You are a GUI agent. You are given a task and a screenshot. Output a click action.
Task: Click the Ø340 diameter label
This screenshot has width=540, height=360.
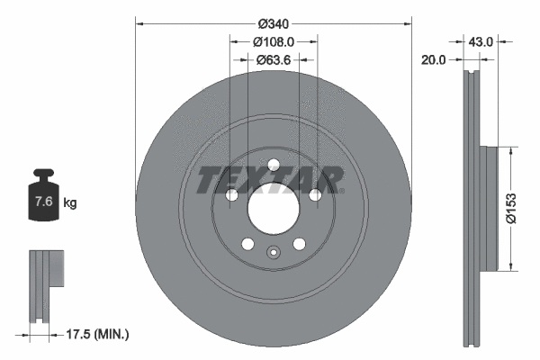(x=273, y=23)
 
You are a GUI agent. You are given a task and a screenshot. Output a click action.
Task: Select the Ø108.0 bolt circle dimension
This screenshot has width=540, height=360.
(x=273, y=42)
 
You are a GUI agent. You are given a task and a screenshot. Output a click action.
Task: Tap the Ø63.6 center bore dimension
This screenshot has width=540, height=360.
(x=273, y=60)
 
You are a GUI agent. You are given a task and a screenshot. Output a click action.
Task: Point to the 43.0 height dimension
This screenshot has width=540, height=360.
(x=482, y=41)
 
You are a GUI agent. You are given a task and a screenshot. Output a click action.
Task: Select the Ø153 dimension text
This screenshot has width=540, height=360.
(x=509, y=208)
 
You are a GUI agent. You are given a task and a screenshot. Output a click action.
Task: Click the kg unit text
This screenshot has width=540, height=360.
(x=70, y=203)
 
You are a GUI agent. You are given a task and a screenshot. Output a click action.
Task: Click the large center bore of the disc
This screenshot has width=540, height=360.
(x=273, y=210)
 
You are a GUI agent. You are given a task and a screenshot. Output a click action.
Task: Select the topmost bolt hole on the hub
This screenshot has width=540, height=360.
(x=273, y=165)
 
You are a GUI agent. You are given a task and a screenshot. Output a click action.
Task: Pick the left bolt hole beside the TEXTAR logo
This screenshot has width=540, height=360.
(x=230, y=195)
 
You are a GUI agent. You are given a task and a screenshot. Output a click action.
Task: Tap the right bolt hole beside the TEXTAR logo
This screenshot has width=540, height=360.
(x=315, y=195)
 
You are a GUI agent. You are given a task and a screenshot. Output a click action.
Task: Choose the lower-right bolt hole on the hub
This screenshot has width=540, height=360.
(x=299, y=245)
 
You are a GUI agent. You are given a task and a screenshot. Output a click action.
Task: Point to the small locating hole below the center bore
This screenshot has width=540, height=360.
(x=273, y=253)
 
